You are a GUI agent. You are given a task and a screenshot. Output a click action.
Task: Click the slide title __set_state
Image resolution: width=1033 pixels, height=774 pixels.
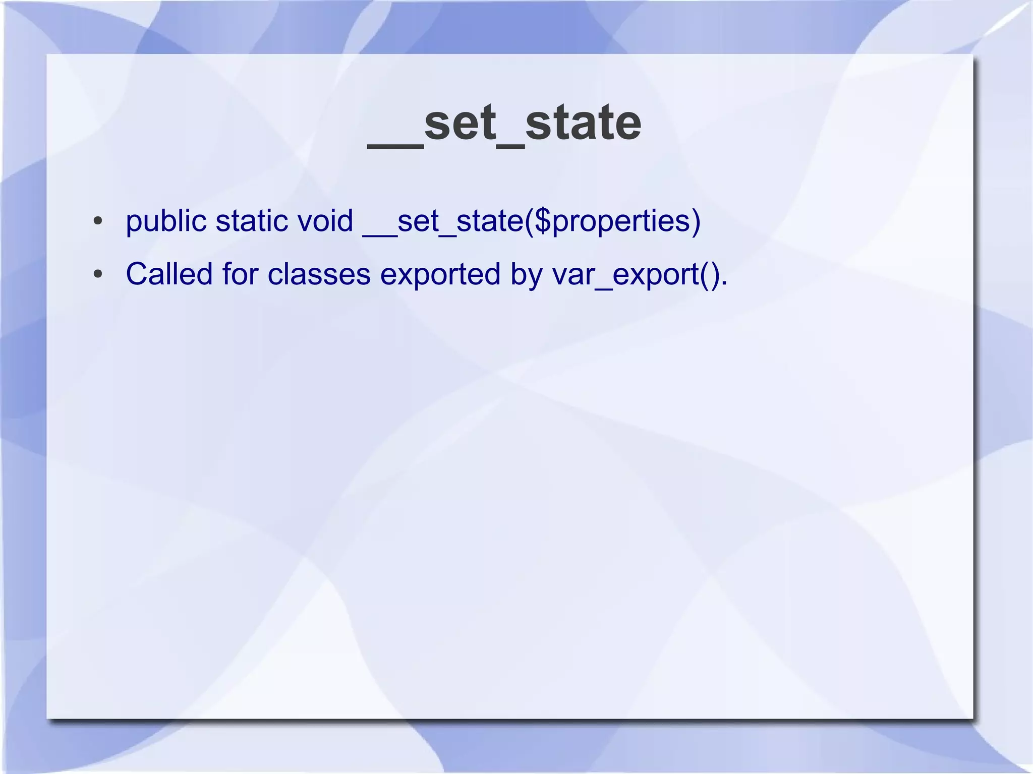(x=504, y=124)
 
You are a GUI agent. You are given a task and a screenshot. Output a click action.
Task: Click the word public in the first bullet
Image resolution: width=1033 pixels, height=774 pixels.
(x=166, y=221)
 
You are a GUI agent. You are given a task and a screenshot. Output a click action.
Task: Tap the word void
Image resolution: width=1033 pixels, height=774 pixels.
(x=325, y=221)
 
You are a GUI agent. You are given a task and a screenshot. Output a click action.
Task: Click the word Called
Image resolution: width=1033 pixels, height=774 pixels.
(x=169, y=275)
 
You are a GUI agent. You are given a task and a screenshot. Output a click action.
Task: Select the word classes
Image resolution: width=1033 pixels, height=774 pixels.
(x=319, y=275)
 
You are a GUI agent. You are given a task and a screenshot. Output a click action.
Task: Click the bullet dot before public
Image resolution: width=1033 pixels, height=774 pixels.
(x=98, y=221)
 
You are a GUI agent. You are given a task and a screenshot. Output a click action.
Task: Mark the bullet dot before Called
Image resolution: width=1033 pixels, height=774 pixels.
(x=98, y=275)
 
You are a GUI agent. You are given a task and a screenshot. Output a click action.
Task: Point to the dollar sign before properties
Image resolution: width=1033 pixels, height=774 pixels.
(x=543, y=221)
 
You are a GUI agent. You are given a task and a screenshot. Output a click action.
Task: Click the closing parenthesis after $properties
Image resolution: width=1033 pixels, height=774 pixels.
(x=696, y=221)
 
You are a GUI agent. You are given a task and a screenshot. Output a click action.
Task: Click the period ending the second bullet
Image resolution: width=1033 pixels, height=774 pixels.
(x=724, y=283)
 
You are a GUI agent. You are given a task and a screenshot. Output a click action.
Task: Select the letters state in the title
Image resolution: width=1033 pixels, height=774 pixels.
(x=583, y=124)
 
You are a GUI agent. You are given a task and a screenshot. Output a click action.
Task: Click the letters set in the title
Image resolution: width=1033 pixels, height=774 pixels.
(x=460, y=124)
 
